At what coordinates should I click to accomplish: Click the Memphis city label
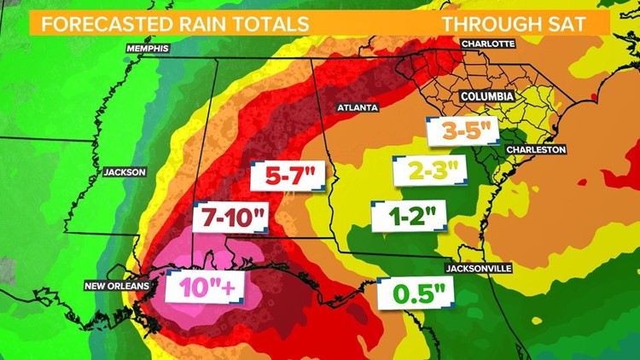(147, 49)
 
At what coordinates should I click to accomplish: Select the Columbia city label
(486, 97)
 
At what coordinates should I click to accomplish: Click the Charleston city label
(536, 149)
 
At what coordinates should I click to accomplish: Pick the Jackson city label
(125, 171)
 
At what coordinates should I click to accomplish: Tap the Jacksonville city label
(477, 268)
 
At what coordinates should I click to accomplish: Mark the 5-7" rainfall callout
(289, 177)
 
